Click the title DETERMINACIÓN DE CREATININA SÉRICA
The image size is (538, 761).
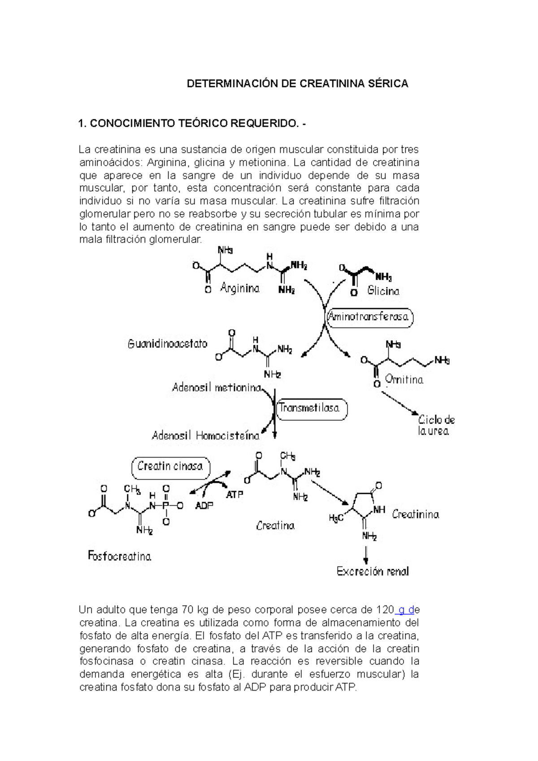[x=297, y=84]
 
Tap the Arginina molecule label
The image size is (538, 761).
[x=240, y=288]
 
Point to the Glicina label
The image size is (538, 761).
[x=383, y=291]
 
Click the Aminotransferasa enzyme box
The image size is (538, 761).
[x=369, y=317]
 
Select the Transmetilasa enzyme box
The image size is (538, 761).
[x=311, y=408]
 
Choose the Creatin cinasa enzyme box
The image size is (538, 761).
[x=170, y=467]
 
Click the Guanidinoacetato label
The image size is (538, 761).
[x=168, y=344]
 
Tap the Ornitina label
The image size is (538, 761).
[x=404, y=380]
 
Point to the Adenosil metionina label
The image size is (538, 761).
[x=217, y=388]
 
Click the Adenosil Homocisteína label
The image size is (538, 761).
[x=206, y=436]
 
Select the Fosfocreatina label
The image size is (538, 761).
[x=120, y=557]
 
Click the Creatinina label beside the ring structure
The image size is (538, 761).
[x=415, y=515]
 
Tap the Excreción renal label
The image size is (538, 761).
[x=373, y=571]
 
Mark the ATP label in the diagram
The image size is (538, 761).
[x=234, y=495]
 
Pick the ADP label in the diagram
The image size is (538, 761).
[x=204, y=506]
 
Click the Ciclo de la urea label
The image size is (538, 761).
[x=436, y=425]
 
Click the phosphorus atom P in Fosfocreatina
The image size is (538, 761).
[x=166, y=506]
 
